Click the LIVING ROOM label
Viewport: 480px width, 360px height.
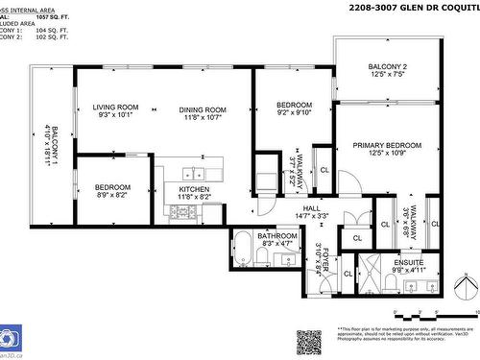[115, 108]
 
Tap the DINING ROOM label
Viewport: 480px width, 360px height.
[202, 109]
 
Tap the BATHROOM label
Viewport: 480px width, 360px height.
[276, 236]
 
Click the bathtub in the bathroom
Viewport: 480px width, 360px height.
[244, 249]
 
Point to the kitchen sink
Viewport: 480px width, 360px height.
[199, 174]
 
